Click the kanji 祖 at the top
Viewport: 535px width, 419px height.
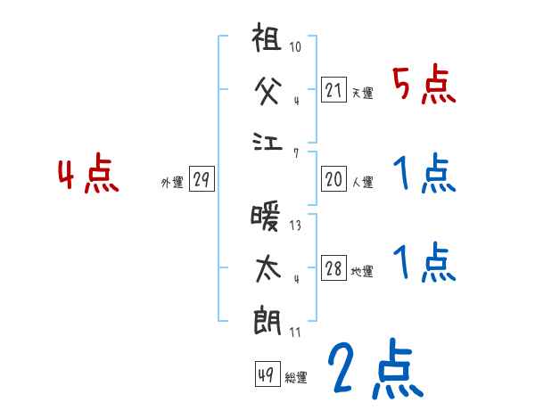coord(268,43)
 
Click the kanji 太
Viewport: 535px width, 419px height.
coord(268,268)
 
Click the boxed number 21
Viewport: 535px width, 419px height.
coord(333,90)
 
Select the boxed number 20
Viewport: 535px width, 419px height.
coord(333,179)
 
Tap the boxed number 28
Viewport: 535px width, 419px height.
coord(333,269)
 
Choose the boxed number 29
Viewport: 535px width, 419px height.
coord(201,179)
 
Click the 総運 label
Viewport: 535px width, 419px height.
coord(296,378)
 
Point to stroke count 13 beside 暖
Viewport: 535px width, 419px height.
coord(295,226)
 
